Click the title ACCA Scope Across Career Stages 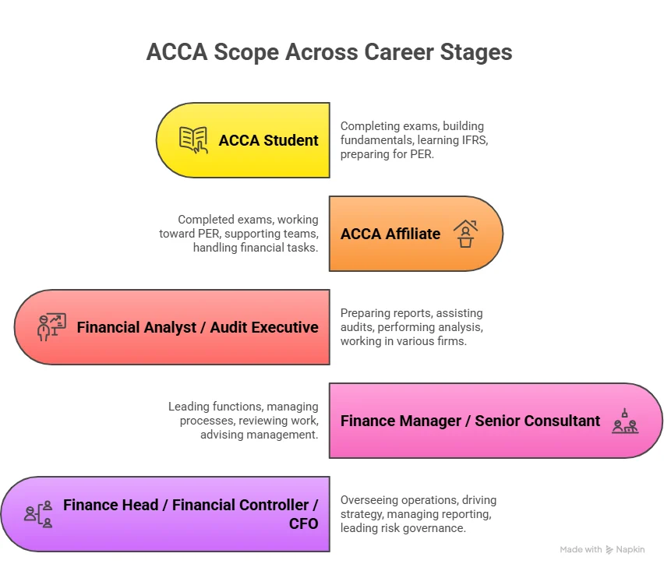pyautogui.click(x=330, y=52)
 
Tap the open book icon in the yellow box pyautogui.click(x=194, y=140)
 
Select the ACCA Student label pyautogui.click(x=268, y=140)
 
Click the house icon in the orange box pyautogui.click(x=465, y=234)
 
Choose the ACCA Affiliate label pyautogui.click(x=390, y=234)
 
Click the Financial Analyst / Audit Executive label pyautogui.click(x=197, y=327)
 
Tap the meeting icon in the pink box pyautogui.click(x=625, y=421)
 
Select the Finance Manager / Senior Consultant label pyautogui.click(x=470, y=421)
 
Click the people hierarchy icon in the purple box pyautogui.click(x=38, y=514)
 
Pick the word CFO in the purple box pyautogui.click(x=303, y=523)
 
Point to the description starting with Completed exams pyautogui.click(x=238, y=234)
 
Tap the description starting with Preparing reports pyautogui.click(x=411, y=327)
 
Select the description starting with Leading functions pyautogui.click(x=243, y=421)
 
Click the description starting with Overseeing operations pyautogui.click(x=418, y=514)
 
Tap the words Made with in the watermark pyautogui.click(x=581, y=549)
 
